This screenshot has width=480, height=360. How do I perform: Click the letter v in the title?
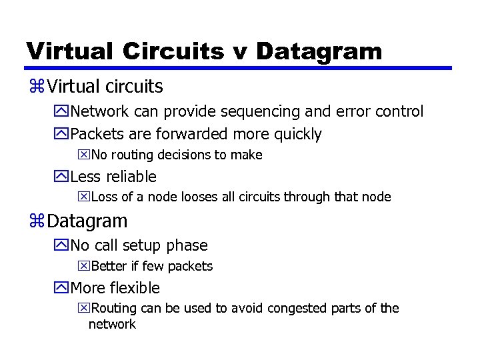coord(239,52)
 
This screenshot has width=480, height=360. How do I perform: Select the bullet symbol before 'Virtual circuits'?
coord(37,87)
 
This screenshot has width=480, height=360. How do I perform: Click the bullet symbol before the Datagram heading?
coord(37,221)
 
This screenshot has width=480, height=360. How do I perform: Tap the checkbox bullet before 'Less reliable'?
coord(63,177)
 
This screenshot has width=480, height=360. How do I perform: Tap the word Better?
coord(109,267)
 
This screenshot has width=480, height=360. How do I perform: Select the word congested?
coord(283,309)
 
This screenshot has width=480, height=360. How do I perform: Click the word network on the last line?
coord(112,325)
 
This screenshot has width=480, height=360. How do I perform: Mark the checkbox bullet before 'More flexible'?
coord(63,289)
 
